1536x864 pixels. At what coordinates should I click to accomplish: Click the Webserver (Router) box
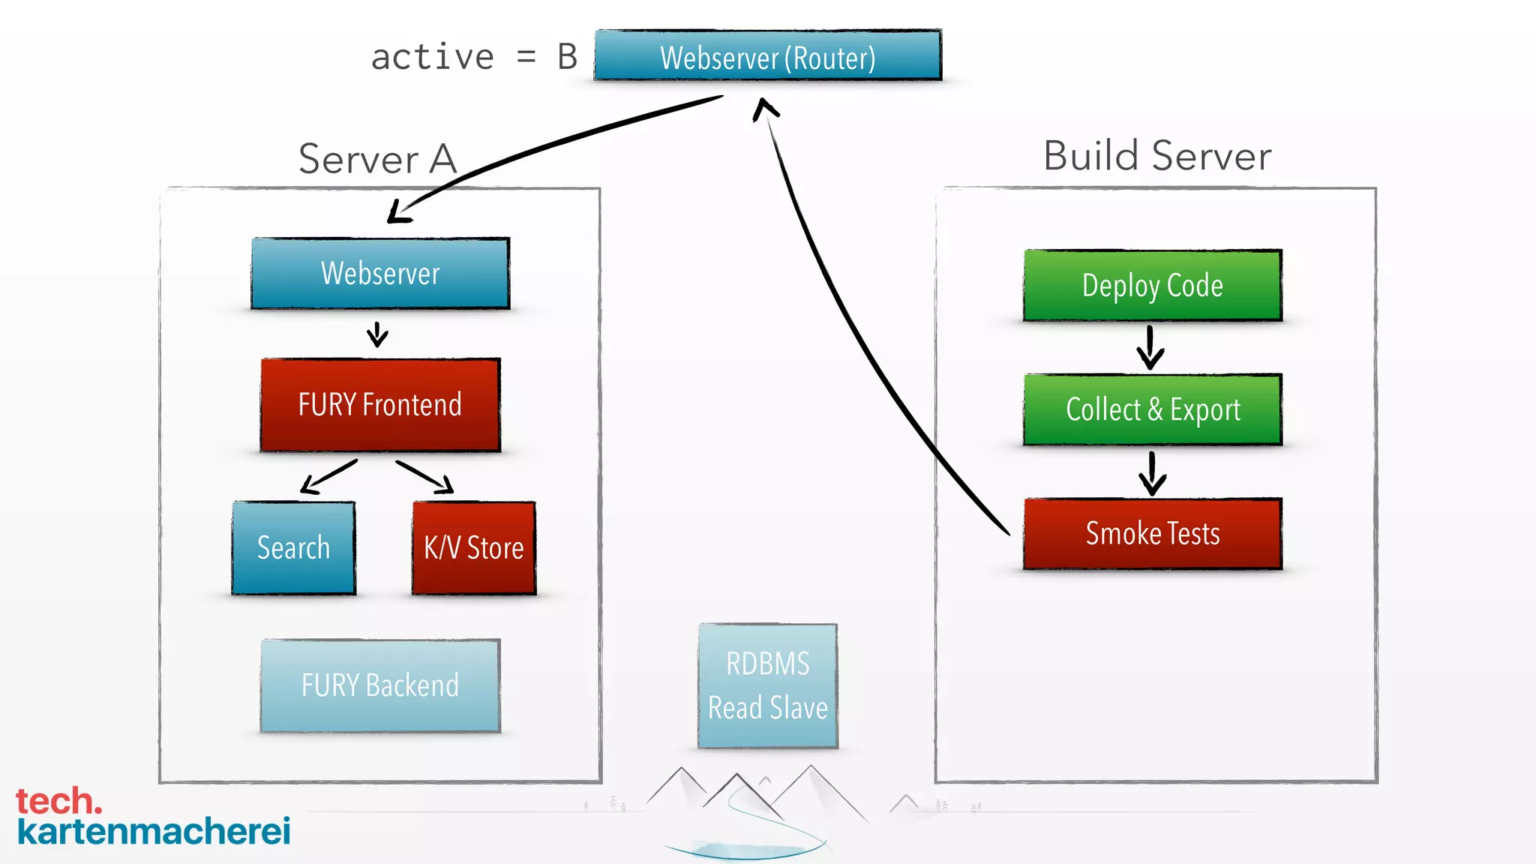[x=767, y=56]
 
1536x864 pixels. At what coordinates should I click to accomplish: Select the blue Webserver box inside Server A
[x=380, y=274]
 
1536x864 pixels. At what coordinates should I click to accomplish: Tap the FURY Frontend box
[x=380, y=405]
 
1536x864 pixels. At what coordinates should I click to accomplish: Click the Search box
[x=293, y=548]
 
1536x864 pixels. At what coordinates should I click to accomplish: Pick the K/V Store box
[x=474, y=548]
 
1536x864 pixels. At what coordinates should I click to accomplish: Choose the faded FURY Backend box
[x=380, y=685]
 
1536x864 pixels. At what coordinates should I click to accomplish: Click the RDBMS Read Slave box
[x=767, y=685]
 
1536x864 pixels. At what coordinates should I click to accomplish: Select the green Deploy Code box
[x=1152, y=286]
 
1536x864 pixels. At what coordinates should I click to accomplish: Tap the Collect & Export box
[x=1152, y=409]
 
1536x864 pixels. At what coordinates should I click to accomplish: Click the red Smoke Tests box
[x=1152, y=534]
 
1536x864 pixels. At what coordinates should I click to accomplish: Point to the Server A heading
[x=377, y=159]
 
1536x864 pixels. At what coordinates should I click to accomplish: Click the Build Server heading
[x=1156, y=156]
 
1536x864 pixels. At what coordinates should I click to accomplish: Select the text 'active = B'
[x=474, y=58]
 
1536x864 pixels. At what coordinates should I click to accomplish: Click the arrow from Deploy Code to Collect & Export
[x=1150, y=347]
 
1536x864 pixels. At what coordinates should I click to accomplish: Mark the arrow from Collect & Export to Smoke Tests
[x=1152, y=472]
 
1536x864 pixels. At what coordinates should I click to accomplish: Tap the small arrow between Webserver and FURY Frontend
[x=377, y=334]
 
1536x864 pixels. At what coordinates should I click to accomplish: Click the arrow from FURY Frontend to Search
[x=328, y=477]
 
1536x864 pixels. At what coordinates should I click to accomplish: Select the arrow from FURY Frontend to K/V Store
[x=425, y=477]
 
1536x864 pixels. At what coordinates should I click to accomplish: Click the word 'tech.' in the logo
[x=58, y=801]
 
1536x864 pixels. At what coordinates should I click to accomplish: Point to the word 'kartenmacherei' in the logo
[x=154, y=831]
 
